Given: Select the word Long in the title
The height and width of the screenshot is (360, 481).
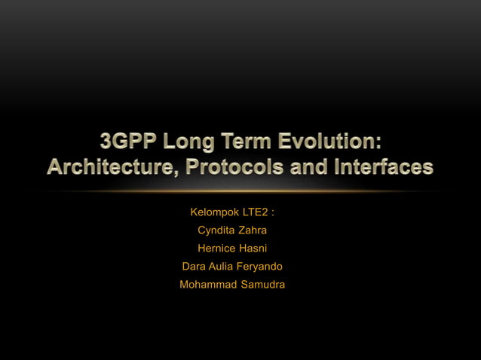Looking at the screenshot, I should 192,142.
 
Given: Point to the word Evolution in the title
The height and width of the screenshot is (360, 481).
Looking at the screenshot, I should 326,142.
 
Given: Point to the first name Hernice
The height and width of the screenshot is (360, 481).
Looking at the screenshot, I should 216,248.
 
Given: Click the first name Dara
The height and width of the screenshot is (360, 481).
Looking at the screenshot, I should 195,266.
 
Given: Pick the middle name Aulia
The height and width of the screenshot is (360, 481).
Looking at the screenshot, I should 224,266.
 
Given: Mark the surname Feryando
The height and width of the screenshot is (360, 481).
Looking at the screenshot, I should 262,266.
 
